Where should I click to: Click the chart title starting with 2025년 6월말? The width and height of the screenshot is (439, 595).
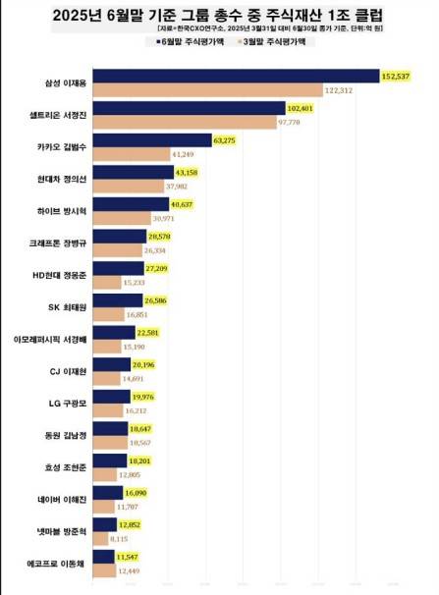point(219,17)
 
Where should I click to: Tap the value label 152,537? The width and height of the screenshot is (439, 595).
point(396,77)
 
